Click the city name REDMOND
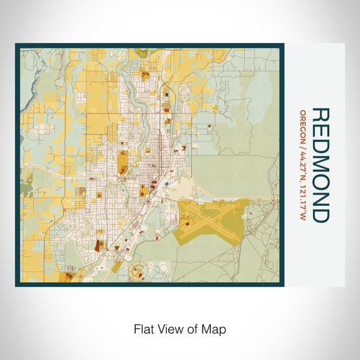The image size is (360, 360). pyautogui.click(x=319, y=165)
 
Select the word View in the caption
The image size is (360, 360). pyautogui.click(x=168, y=328)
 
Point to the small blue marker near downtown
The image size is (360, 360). pyautogui.click(x=167, y=186)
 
